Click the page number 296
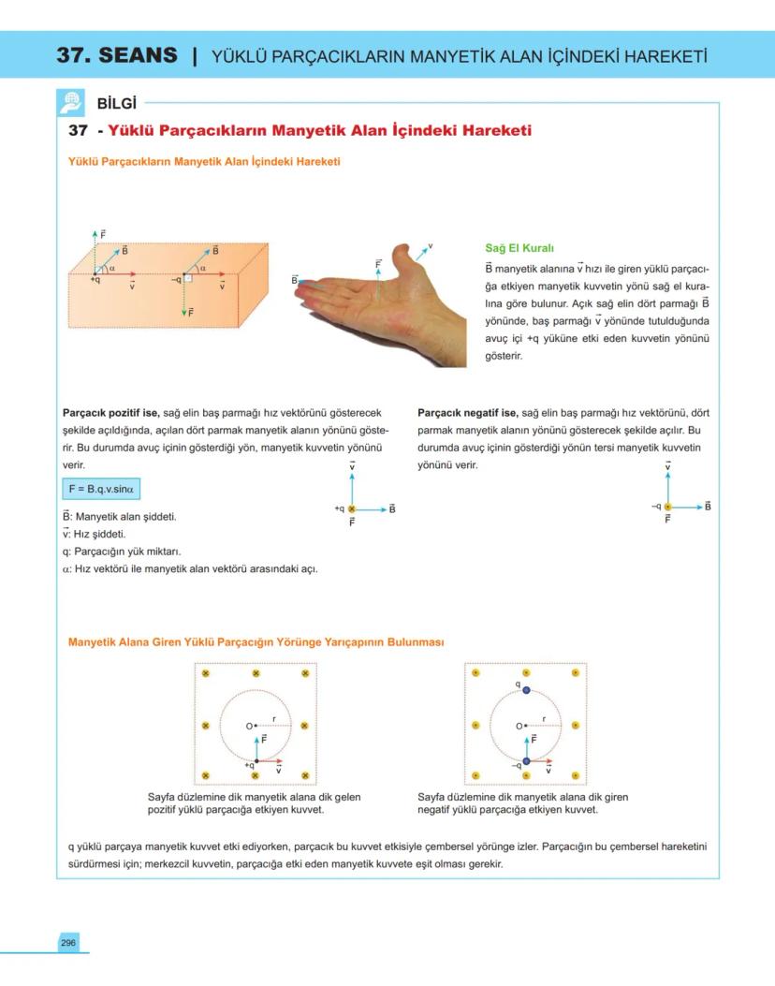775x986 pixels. pos(68,942)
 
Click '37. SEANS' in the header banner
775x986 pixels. pos(117,55)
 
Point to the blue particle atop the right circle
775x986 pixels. pos(526,690)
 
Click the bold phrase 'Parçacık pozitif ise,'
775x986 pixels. pos(111,412)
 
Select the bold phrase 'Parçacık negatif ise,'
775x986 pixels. pos(468,412)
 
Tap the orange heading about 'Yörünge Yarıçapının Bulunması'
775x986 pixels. pos(256,642)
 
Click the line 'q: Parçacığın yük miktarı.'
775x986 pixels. pos(121,551)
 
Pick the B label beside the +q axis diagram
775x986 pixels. pos(392,508)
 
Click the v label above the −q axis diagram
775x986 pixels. pos(668,464)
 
